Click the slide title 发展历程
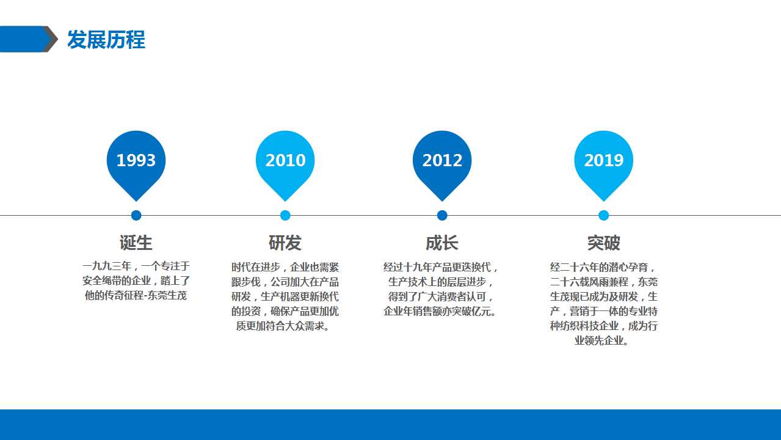pyautogui.click(x=106, y=40)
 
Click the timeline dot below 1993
pyautogui.click(x=136, y=215)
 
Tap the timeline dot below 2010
pyautogui.click(x=285, y=215)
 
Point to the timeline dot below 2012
pyautogui.click(x=442, y=215)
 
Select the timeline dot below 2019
pyautogui.click(x=603, y=215)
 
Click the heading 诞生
pyautogui.click(x=136, y=243)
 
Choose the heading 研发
pyautogui.click(x=285, y=243)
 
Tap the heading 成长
pyautogui.click(x=442, y=243)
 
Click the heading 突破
pyautogui.click(x=603, y=243)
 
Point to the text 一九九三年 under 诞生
pyautogui.click(x=106, y=266)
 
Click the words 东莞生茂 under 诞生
pyautogui.click(x=167, y=296)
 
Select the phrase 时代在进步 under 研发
pyautogui.click(x=256, y=267)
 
